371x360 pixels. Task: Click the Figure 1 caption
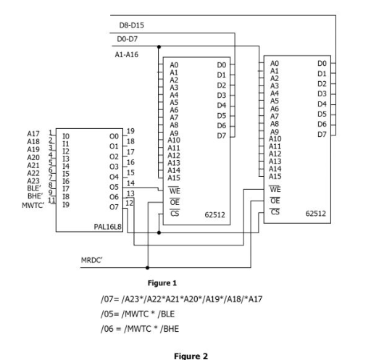pyautogui.click(x=164, y=285)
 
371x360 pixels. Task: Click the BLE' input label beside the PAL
pyautogui.click(x=34, y=186)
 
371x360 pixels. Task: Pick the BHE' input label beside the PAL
pyautogui.click(x=34, y=195)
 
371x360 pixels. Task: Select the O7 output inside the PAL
pyautogui.click(x=112, y=204)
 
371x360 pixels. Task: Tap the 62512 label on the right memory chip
pyautogui.click(x=315, y=214)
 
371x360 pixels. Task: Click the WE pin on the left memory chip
pyautogui.click(x=173, y=191)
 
